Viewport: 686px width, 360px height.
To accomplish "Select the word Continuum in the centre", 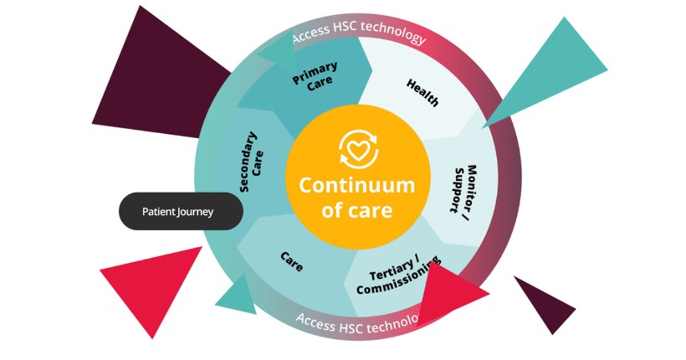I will [357, 185].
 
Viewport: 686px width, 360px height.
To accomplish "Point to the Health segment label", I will [423, 93].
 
